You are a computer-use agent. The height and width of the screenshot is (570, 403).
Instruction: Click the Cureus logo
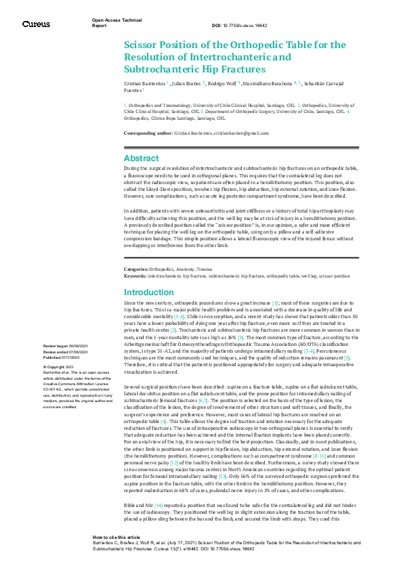tap(35, 24)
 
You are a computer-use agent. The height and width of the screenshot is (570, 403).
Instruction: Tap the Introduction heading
tap(149, 292)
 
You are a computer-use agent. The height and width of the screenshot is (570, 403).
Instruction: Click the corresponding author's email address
tap(249, 133)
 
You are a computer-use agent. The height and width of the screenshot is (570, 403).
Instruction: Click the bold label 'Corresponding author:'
tap(148, 133)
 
